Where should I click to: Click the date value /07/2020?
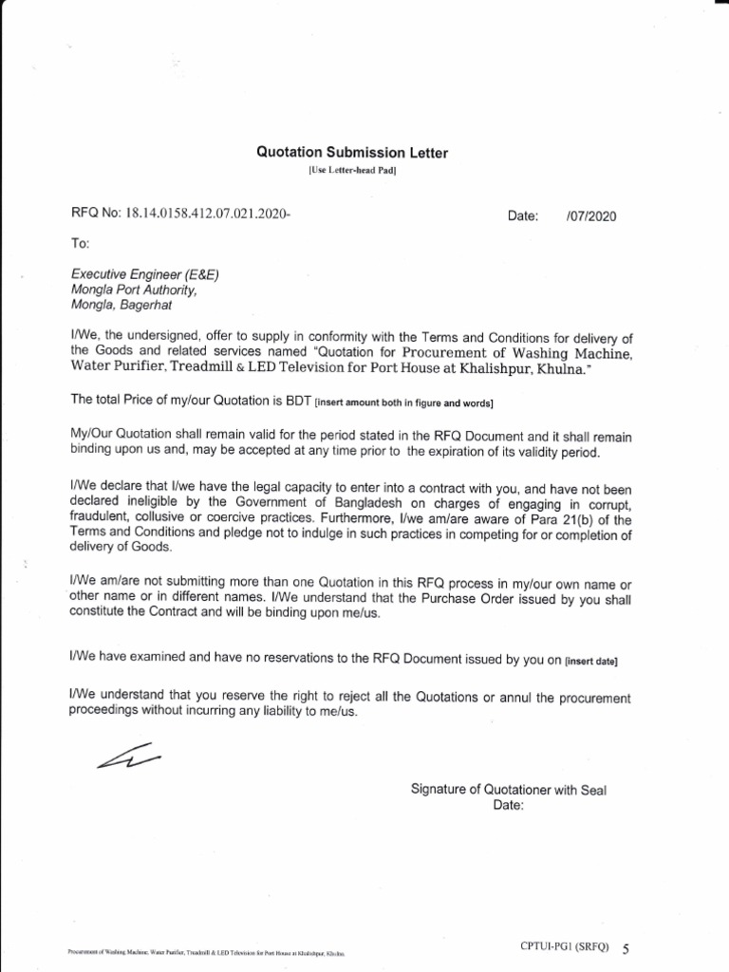click(x=590, y=216)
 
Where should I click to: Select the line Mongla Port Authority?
click(x=133, y=290)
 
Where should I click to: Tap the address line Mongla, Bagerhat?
click(x=122, y=306)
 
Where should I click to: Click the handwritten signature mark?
click(x=128, y=757)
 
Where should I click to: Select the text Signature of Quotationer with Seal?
click(x=508, y=790)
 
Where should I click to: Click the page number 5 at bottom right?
click(x=625, y=948)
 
